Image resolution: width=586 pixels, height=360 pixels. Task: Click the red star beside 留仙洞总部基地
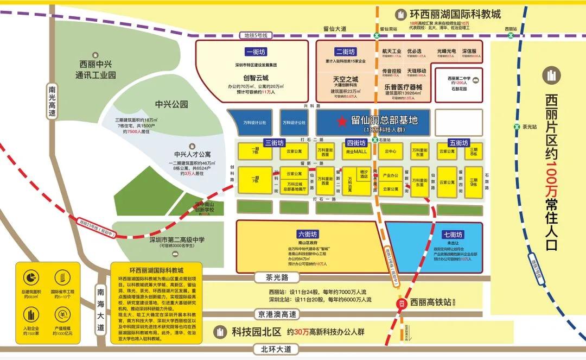[x=341, y=122]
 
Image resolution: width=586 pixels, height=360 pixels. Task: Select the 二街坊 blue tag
[x=346, y=52]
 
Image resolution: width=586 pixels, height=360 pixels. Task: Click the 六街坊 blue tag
[x=307, y=234]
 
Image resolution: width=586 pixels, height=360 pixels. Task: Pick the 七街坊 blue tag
[x=451, y=235]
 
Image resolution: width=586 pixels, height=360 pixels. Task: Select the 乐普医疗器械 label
[x=403, y=86]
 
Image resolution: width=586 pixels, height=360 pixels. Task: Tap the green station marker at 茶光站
[x=517, y=127]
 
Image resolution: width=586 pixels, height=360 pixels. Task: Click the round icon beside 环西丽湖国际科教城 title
[x=401, y=14]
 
